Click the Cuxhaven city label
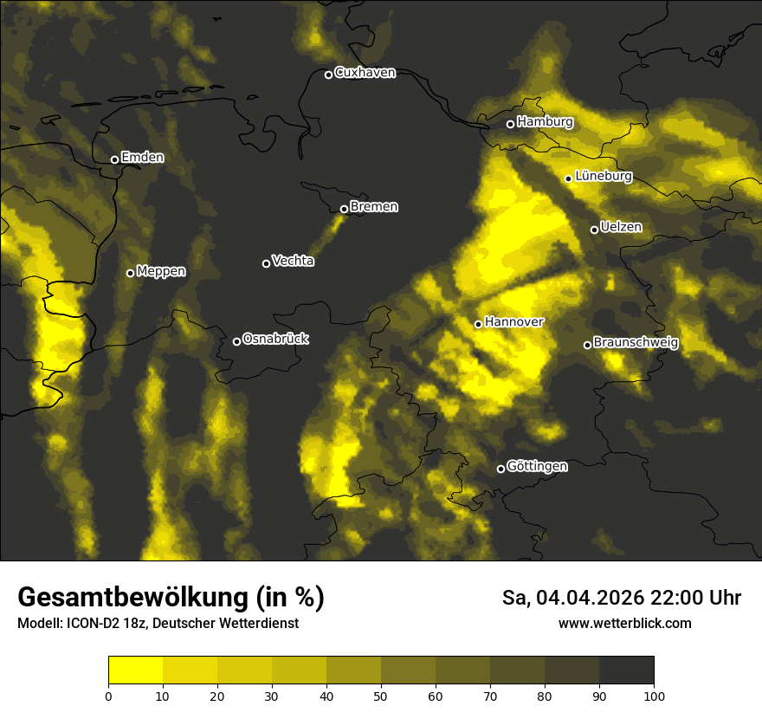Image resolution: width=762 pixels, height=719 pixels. point(365,73)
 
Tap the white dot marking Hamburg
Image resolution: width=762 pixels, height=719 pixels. point(510,124)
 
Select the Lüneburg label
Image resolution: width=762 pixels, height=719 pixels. point(604,176)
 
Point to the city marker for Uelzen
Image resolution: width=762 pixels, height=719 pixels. point(594,230)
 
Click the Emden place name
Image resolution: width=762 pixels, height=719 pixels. point(142,157)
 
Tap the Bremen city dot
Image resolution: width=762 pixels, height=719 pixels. point(344,209)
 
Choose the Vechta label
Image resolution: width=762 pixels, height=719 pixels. point(293,261)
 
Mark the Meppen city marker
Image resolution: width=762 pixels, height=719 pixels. point(130,273)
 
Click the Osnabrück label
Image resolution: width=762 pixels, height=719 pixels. point(275,339)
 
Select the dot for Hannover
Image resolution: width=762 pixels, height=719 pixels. point(478,324)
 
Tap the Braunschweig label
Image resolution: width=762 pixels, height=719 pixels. point(636,342)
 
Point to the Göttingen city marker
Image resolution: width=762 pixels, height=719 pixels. point(500,470)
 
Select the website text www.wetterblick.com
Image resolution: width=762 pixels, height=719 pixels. point(625,623)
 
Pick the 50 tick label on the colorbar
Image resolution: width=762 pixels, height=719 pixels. point(381,696)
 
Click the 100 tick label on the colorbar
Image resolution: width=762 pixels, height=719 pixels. point(654,696)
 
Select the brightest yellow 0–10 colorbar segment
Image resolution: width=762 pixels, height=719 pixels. point(136,670)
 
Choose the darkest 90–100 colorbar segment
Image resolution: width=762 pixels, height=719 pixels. point(626,670)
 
